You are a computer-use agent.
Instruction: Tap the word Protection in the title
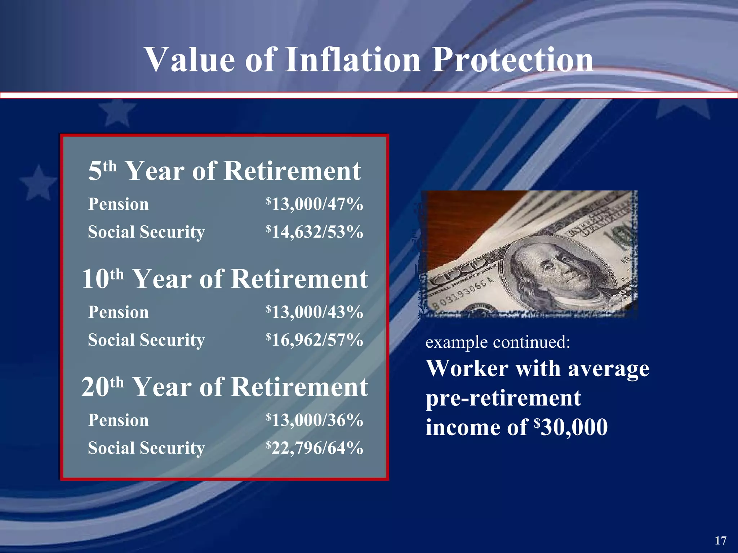click(x=512, y=59)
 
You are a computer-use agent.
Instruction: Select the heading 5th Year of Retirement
click(x=224, y=171)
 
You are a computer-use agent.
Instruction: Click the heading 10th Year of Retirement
click(x=224, y=279)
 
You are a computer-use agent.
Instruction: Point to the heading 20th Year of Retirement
click(x=224, y=387)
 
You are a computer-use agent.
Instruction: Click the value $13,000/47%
click(x=314, y=204)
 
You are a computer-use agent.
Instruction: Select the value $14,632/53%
click(x=314, y=232)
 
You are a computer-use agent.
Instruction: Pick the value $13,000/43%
click(x=314, y=312)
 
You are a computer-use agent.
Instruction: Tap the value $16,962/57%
click(x=314, y=340)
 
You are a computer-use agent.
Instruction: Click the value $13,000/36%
click(x=314, y=420)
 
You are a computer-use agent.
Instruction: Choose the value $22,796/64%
click(x=314, y=448)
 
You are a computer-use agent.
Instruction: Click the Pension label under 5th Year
click(x=118, y=204)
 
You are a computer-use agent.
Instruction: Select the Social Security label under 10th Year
click(x=146, y=340)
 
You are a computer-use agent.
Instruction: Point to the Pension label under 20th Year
click(x=118, y=420)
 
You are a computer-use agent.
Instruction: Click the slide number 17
click(x=720, y=540)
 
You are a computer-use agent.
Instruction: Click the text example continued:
click(x=498, y=342)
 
